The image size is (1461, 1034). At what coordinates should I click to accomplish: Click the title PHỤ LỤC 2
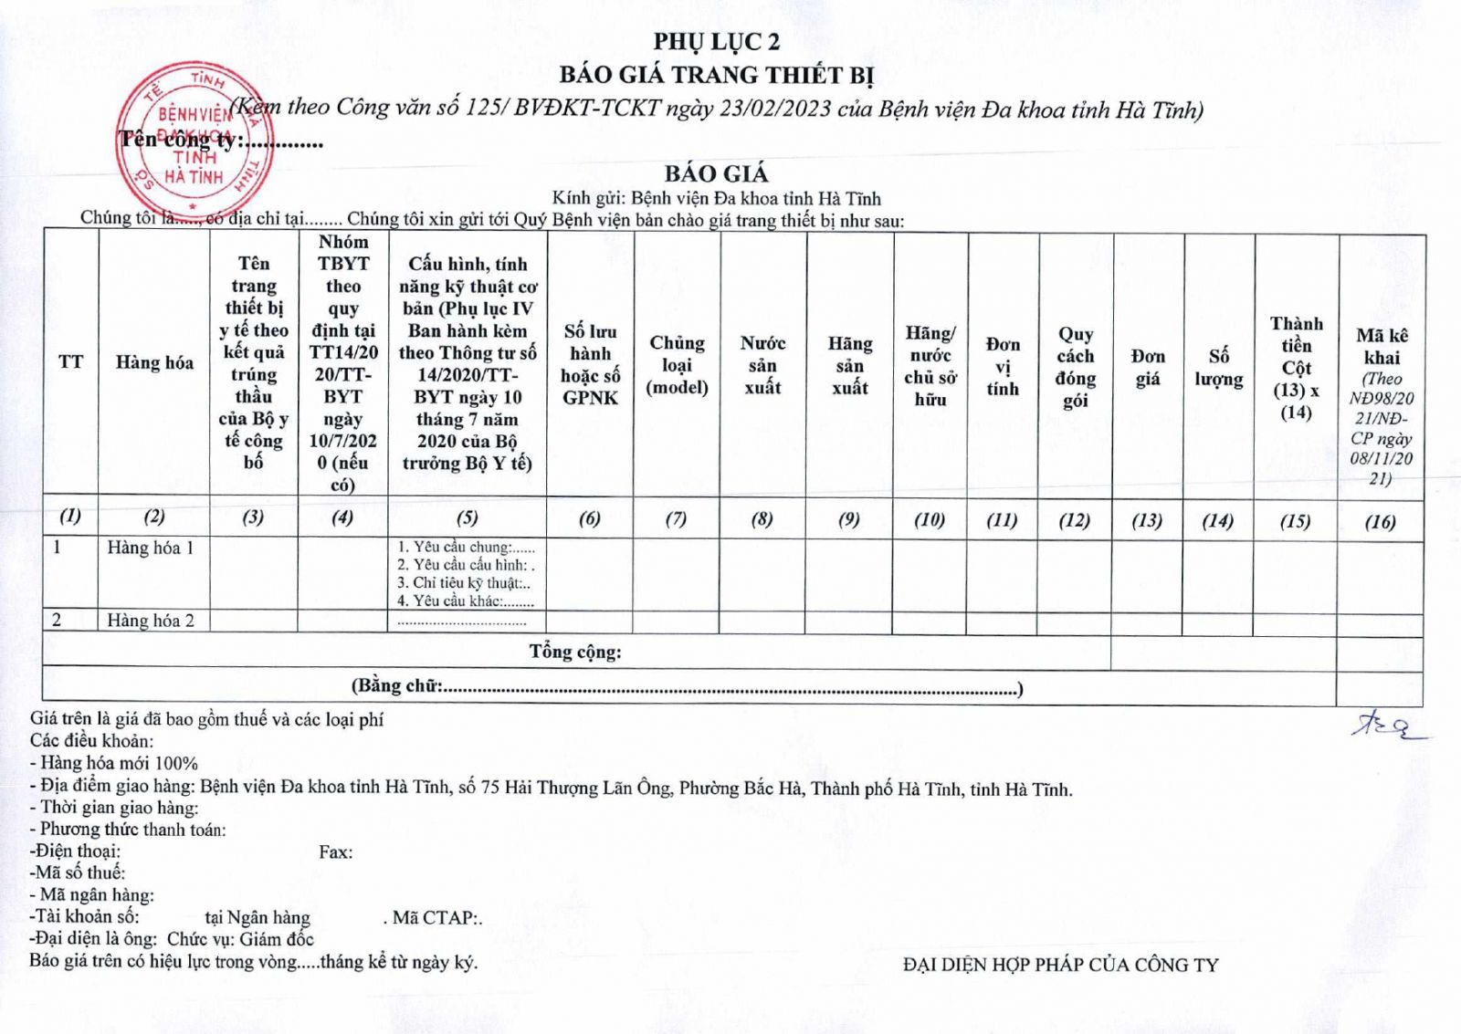click(x=716, y=41)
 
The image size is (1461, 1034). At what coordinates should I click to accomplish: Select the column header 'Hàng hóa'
click(x=154, y=362)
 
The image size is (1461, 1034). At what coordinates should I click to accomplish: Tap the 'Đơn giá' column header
click(x=1148, y=367)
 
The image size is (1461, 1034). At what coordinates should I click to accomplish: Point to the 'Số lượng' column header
click(x=1218, y=367)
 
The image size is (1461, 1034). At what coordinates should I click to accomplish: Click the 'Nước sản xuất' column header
click(x=762, y=365)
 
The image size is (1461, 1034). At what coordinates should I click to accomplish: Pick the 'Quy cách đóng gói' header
click(x=1075, y=367)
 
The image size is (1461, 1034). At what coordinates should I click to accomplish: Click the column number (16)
click(x=1380, y=521)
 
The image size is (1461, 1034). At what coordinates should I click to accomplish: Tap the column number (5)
click(x=467, y=517)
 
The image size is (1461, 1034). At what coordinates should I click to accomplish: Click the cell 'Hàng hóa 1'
click(x=151, y=548)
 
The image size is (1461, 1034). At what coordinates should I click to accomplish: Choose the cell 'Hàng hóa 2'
click(x=151, y=621)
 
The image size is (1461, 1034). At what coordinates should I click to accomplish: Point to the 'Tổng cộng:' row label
click(x=575, y=652)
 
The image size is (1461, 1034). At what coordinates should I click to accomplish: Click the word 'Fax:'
click(x=335, y=851)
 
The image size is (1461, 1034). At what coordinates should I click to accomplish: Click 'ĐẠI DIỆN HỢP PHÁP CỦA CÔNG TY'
click(x=1060, y=965)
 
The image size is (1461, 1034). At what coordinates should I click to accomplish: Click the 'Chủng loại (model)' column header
click(x=677, y=365)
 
